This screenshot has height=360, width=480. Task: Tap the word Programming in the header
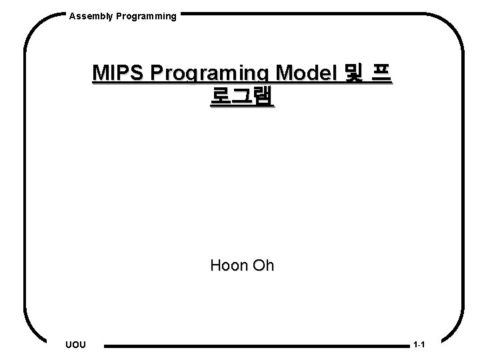(x=146, y=15)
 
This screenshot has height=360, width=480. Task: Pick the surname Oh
(x=261, y=265)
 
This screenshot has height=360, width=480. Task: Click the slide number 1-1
(x=419, y=345)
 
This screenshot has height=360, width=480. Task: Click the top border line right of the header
(x=300, y=13)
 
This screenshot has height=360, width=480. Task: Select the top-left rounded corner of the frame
(x=37, y=27)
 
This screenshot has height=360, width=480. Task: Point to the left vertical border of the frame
(x=25, y=180)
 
